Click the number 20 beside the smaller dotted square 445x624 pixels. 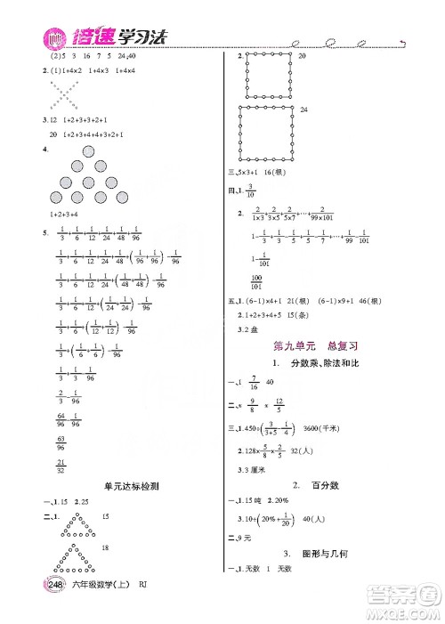coord(302,56)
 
